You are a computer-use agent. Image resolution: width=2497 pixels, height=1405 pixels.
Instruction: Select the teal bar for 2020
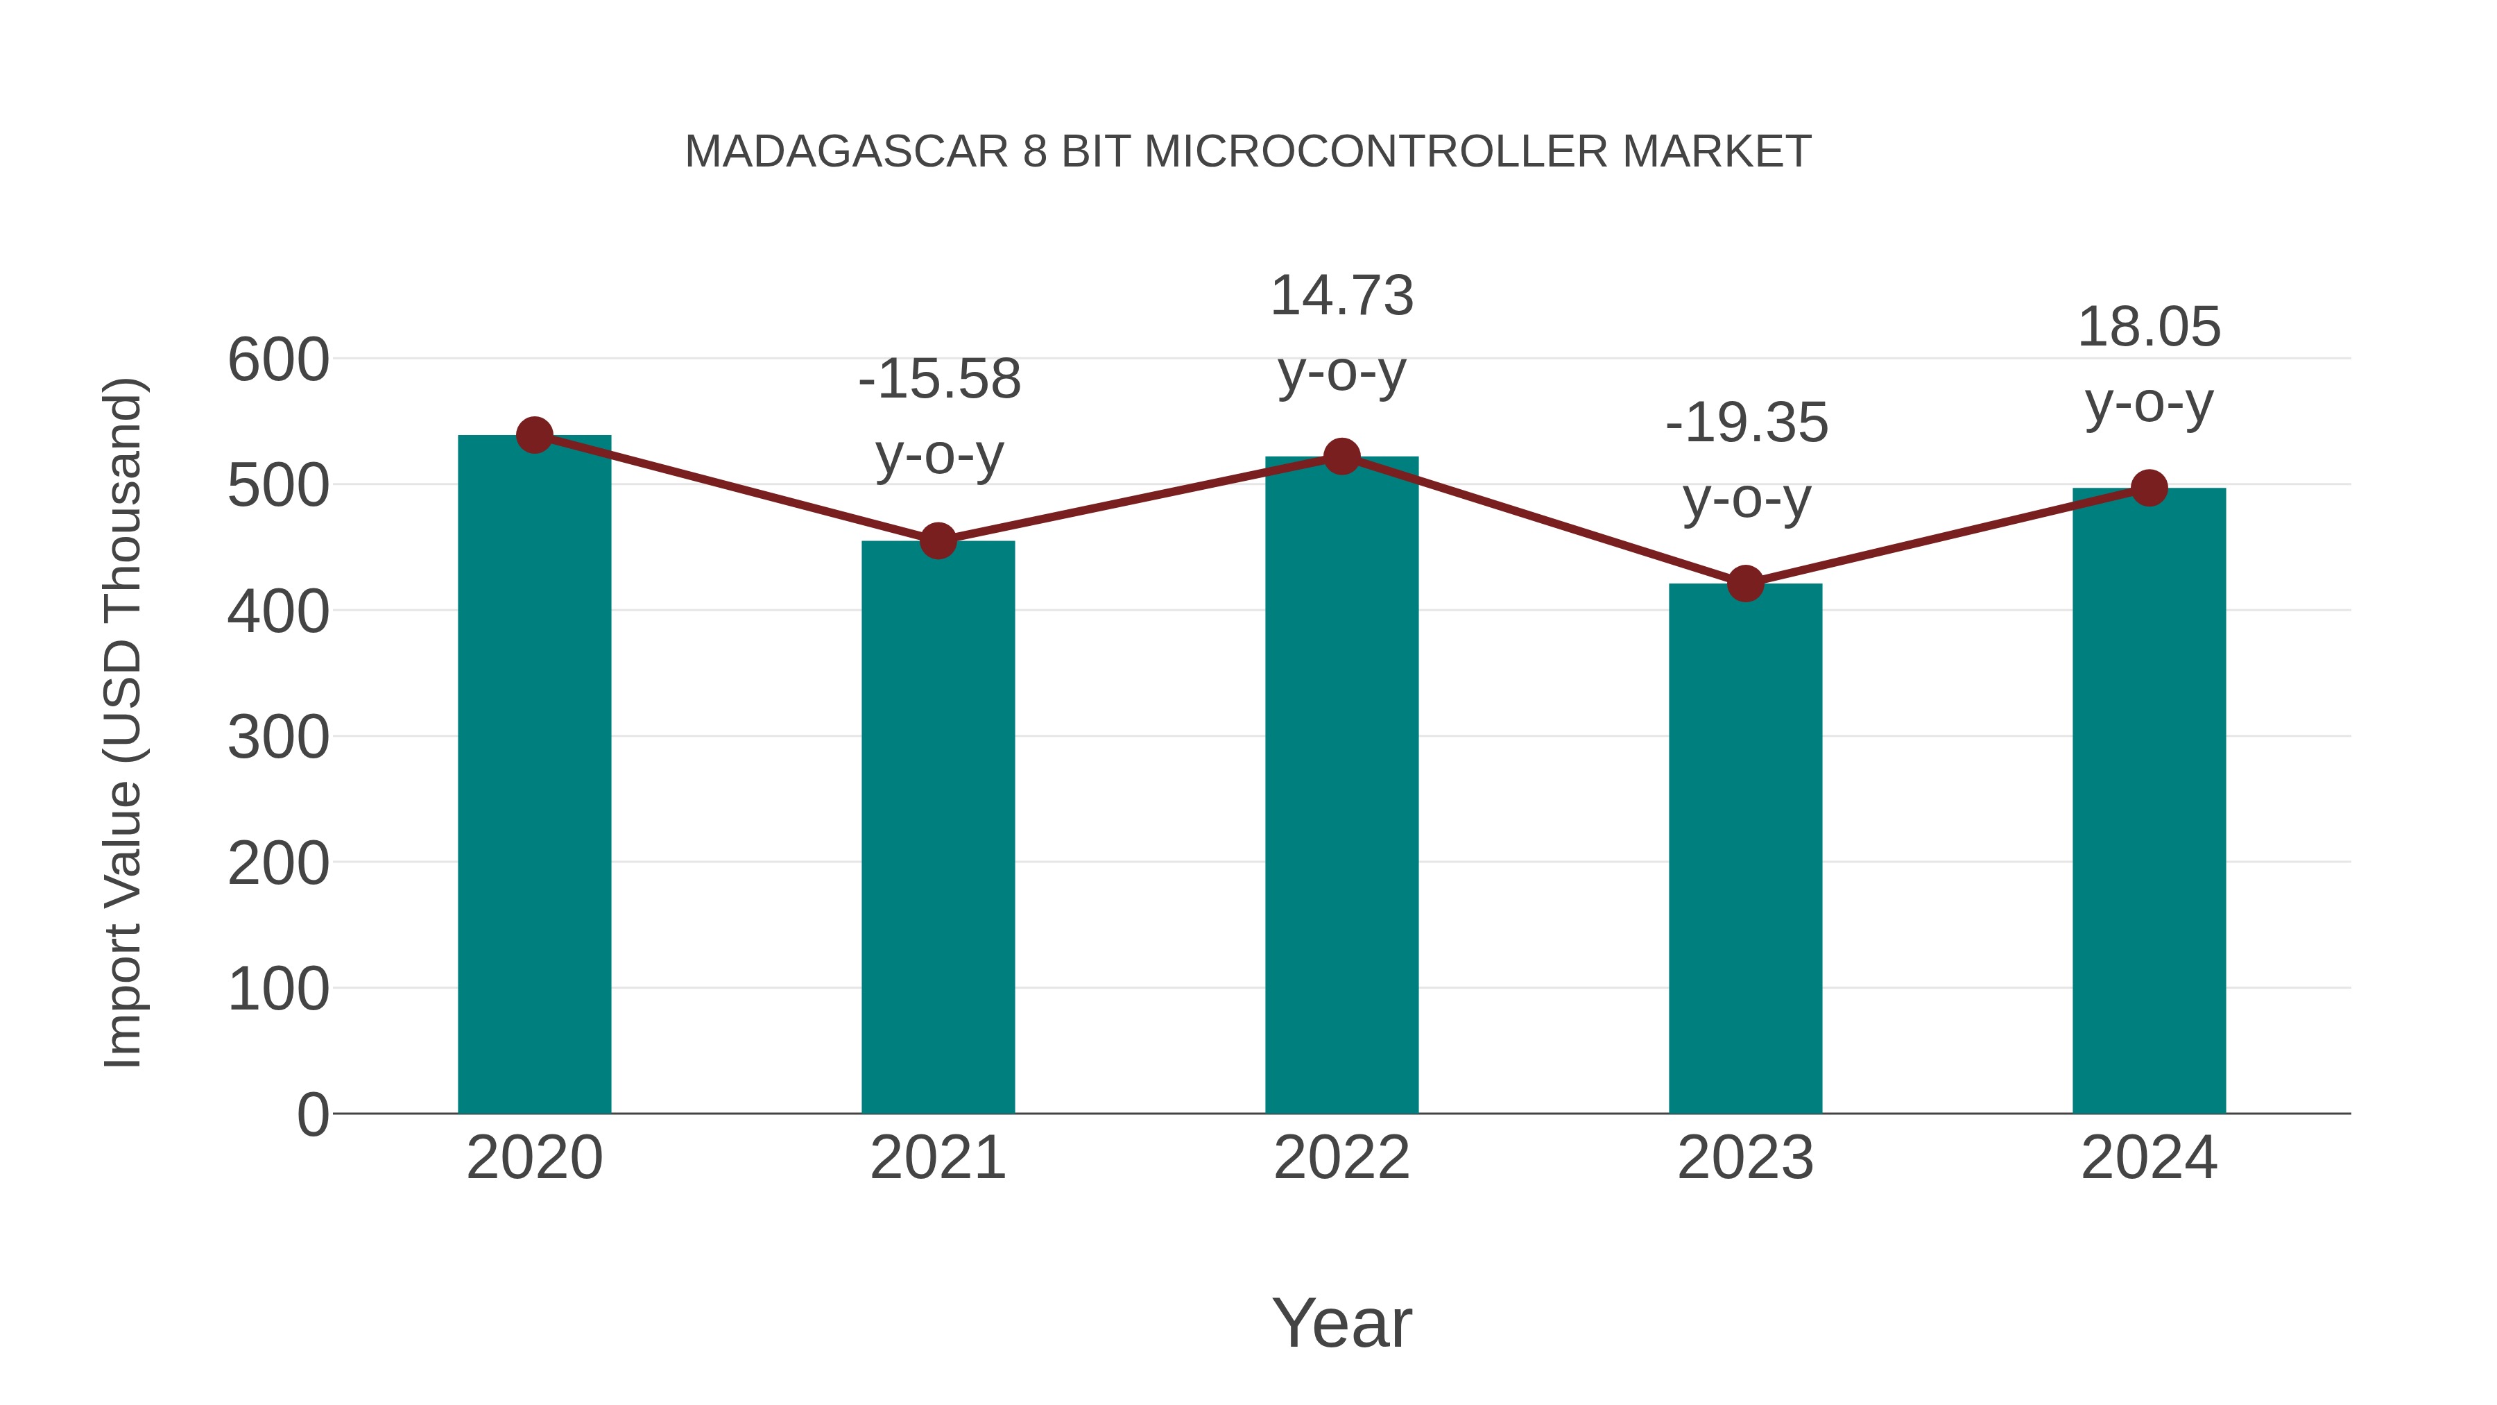tap(534, 776)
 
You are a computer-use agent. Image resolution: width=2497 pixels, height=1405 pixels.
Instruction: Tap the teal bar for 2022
tap(1341, 785)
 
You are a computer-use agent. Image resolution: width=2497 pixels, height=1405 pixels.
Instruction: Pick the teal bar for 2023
tap(1745, 849)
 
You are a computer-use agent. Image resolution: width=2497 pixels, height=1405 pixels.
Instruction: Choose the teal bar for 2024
tap(2149, 801)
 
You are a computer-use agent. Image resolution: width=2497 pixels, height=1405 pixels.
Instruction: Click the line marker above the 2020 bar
tap(534, 435)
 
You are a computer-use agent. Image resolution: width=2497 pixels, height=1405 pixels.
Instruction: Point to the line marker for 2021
tap(937, 541)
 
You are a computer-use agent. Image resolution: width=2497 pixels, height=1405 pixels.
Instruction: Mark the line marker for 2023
tap(1745, 584)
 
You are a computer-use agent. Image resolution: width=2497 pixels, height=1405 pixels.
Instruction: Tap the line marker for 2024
tap(2149, 488)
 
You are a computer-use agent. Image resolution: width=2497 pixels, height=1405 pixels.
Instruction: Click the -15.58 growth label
tap(939, 379)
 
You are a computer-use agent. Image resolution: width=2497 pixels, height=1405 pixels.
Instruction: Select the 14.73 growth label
tap(1341, 296)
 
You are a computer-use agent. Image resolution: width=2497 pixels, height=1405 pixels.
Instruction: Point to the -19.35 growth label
tap(1747, 424)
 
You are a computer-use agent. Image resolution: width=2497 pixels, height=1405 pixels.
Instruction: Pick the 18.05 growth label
tap(2149, 327)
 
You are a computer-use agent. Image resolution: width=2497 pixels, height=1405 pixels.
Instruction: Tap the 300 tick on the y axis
tap(278, 738)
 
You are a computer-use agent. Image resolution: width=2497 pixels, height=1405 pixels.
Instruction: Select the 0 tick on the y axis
tap(312, 1114)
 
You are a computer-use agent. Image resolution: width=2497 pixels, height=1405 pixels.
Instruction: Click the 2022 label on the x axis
tap(1341, 1158)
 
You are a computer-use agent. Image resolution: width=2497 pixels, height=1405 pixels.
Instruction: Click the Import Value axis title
tap(123, 722)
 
